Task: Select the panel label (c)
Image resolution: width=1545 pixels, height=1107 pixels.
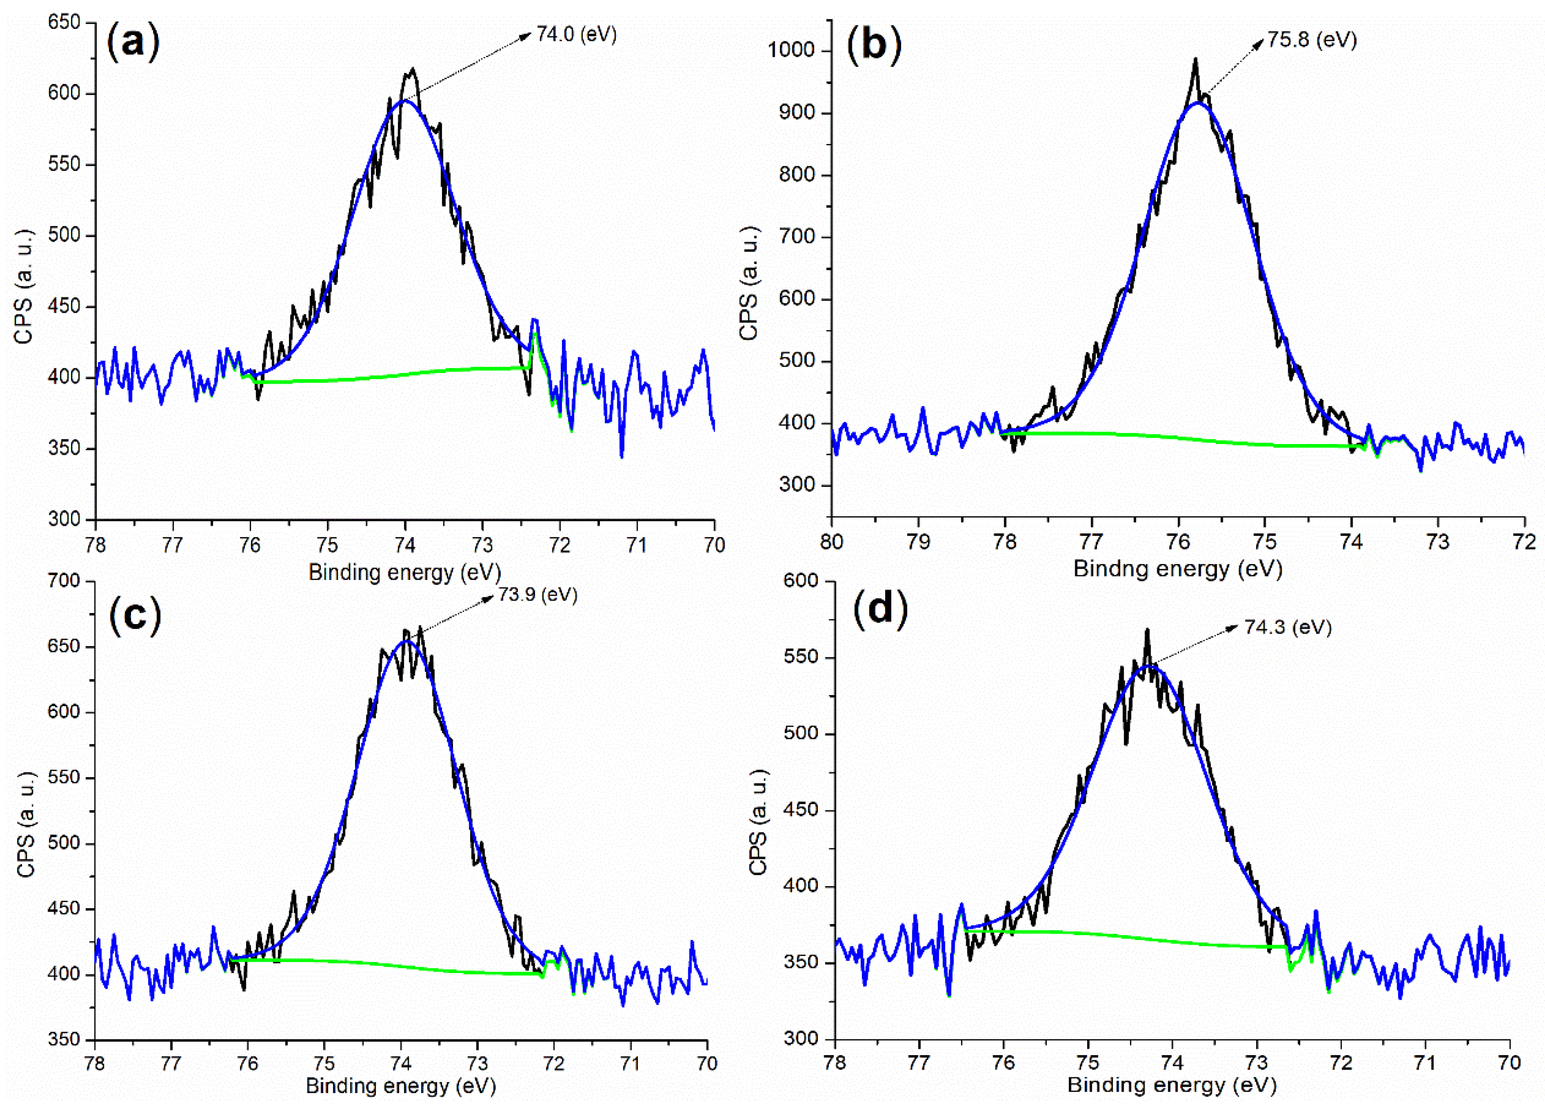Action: (135, 614)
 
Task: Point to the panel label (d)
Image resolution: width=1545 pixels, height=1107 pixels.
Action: (880, 608)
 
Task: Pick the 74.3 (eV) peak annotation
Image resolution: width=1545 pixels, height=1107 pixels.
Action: (1287, 627)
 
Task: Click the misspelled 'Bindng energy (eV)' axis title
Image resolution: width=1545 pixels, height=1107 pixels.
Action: (1178, 569)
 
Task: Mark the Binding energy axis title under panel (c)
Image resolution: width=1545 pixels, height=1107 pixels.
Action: (401, 1085)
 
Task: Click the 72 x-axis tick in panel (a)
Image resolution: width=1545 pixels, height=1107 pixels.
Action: (560, 545)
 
